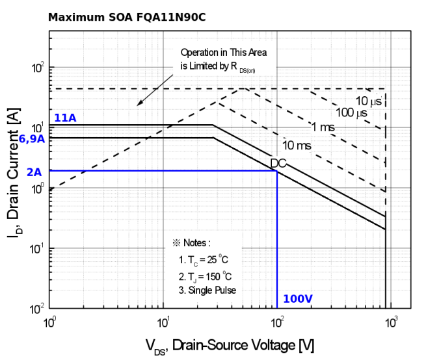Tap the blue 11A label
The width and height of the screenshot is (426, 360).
coord(64,118)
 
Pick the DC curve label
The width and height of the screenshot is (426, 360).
coord(279,163)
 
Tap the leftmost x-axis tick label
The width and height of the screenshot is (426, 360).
coord(49,321)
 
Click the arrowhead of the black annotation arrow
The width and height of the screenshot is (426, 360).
coord(137,104)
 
